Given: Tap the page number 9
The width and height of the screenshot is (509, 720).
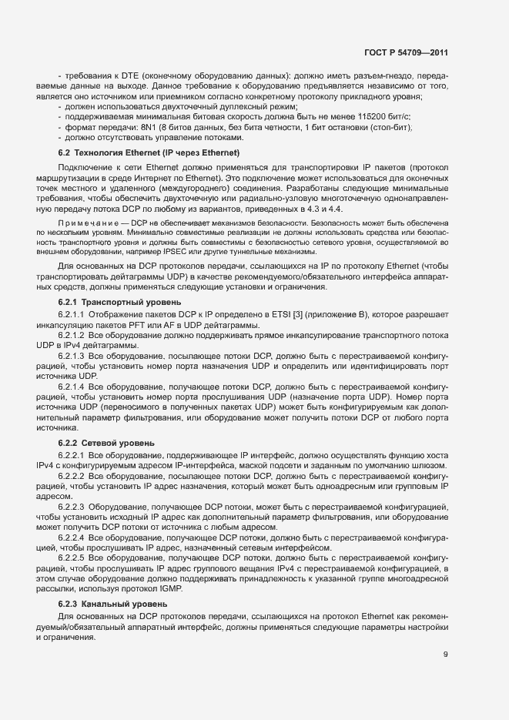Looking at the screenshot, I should point(444,655).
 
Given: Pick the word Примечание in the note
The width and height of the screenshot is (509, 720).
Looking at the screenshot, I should point(84,222).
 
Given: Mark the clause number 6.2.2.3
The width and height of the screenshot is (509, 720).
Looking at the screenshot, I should point(72,506).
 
